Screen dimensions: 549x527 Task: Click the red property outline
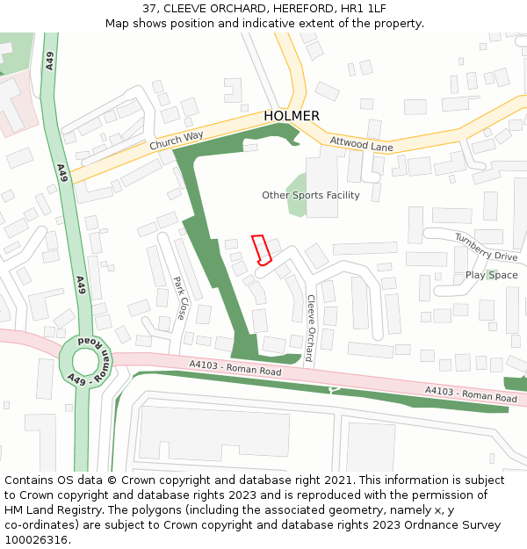[261, 249]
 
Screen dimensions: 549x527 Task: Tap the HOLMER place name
[292, 116]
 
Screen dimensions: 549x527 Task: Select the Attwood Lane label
[361, 143]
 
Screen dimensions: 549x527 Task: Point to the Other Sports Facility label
[311, 195]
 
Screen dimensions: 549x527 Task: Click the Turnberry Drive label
[486, 247]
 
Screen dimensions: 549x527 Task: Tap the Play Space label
[491, 275]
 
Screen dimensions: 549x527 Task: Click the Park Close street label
[181, 298]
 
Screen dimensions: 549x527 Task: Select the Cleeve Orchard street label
[310, 327]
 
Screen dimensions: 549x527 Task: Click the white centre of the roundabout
[86, 361]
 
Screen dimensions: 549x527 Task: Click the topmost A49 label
[50, 61]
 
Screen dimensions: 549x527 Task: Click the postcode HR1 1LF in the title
[365, 8]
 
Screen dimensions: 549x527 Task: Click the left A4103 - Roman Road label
[235, 368]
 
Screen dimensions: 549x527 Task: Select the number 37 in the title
[150, 8]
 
